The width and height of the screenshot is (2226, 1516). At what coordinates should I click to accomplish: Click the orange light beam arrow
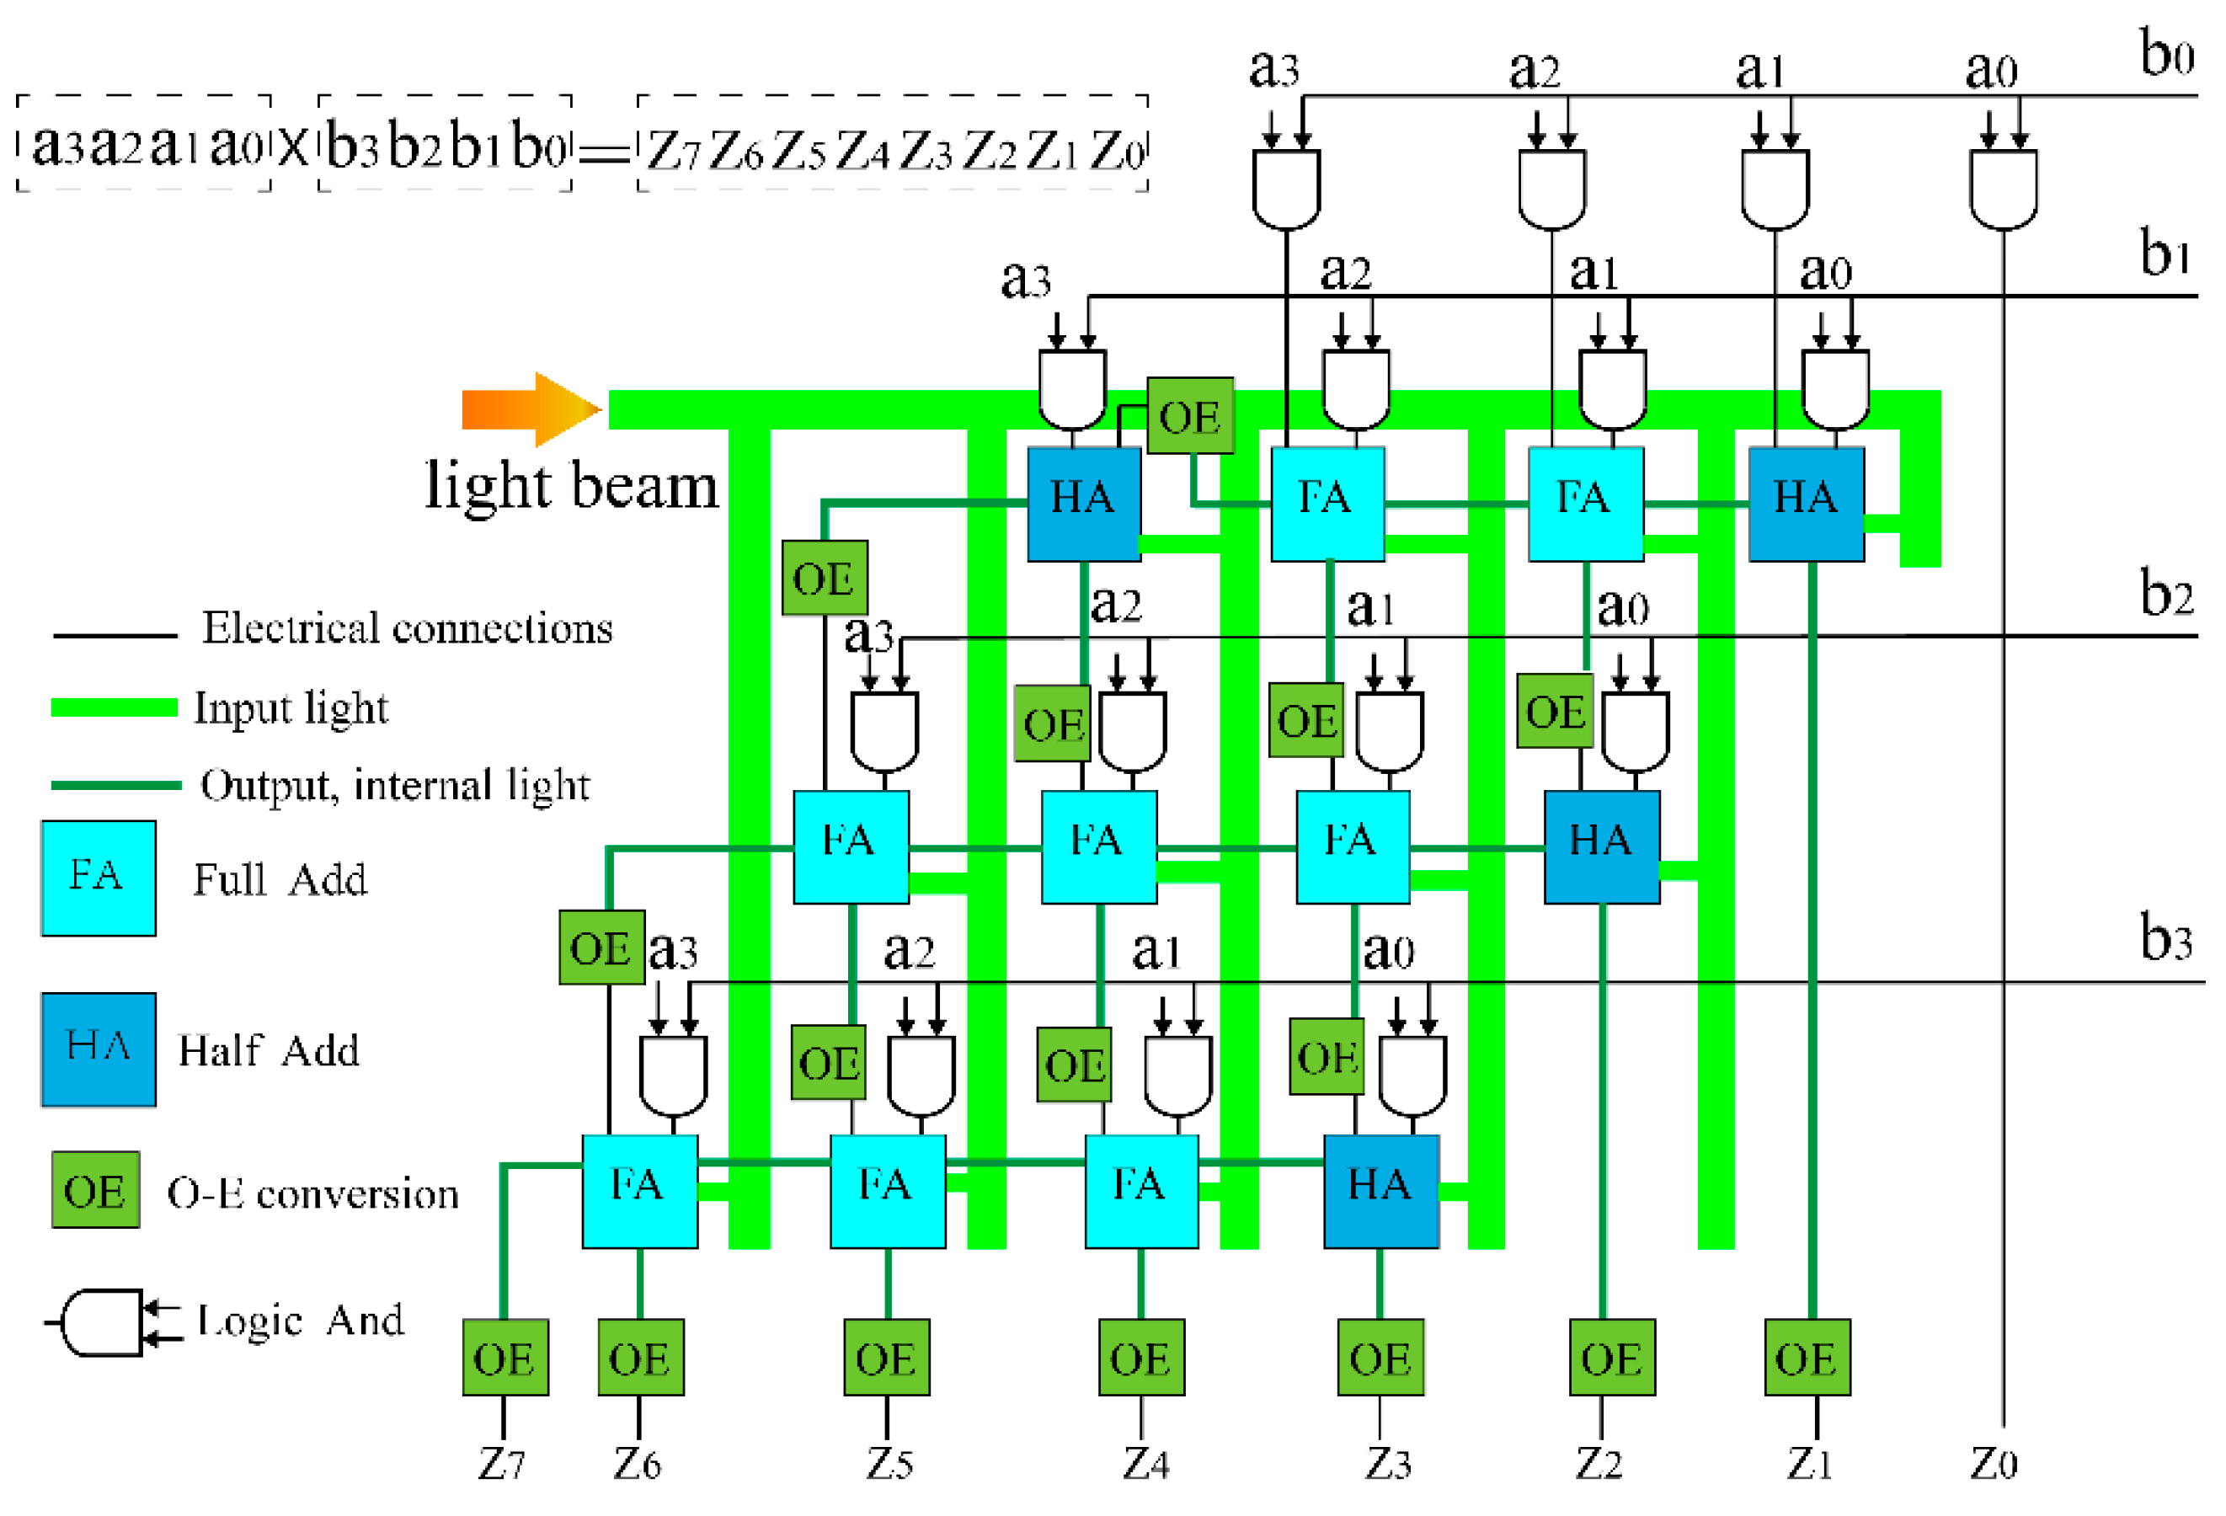[x=530, y=410]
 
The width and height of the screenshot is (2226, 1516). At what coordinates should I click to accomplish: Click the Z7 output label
[x=502, y=1463]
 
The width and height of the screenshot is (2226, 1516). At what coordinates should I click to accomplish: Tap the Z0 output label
[x=1994, y=1463]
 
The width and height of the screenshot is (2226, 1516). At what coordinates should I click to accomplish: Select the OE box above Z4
[x=1140, y=1357]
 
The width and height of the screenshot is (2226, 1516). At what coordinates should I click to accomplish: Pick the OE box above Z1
[x=1807, y=1357]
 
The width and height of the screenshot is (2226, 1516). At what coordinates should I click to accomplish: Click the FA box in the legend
[x=98, y=878]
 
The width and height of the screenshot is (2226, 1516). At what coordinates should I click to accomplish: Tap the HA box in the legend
[x=98, y=1049]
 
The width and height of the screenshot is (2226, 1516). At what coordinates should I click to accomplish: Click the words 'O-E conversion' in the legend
[x=312, y=1193]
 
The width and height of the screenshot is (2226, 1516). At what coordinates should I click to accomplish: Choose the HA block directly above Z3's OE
[x=1380, y=1190]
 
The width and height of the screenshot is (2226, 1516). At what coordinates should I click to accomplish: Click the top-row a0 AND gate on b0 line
[x=2003, y=188]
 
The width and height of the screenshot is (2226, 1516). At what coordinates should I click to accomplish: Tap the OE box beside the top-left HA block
[x=1189, y=415]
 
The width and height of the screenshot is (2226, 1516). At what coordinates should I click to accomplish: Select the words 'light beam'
[x=571, y=487]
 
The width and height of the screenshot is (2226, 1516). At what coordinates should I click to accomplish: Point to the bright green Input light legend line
[x=114, y=707]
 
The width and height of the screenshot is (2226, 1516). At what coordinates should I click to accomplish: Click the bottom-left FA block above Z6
[x=639, y=1190]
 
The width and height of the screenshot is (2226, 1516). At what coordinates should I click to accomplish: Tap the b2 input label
[x=2165, y=594]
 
